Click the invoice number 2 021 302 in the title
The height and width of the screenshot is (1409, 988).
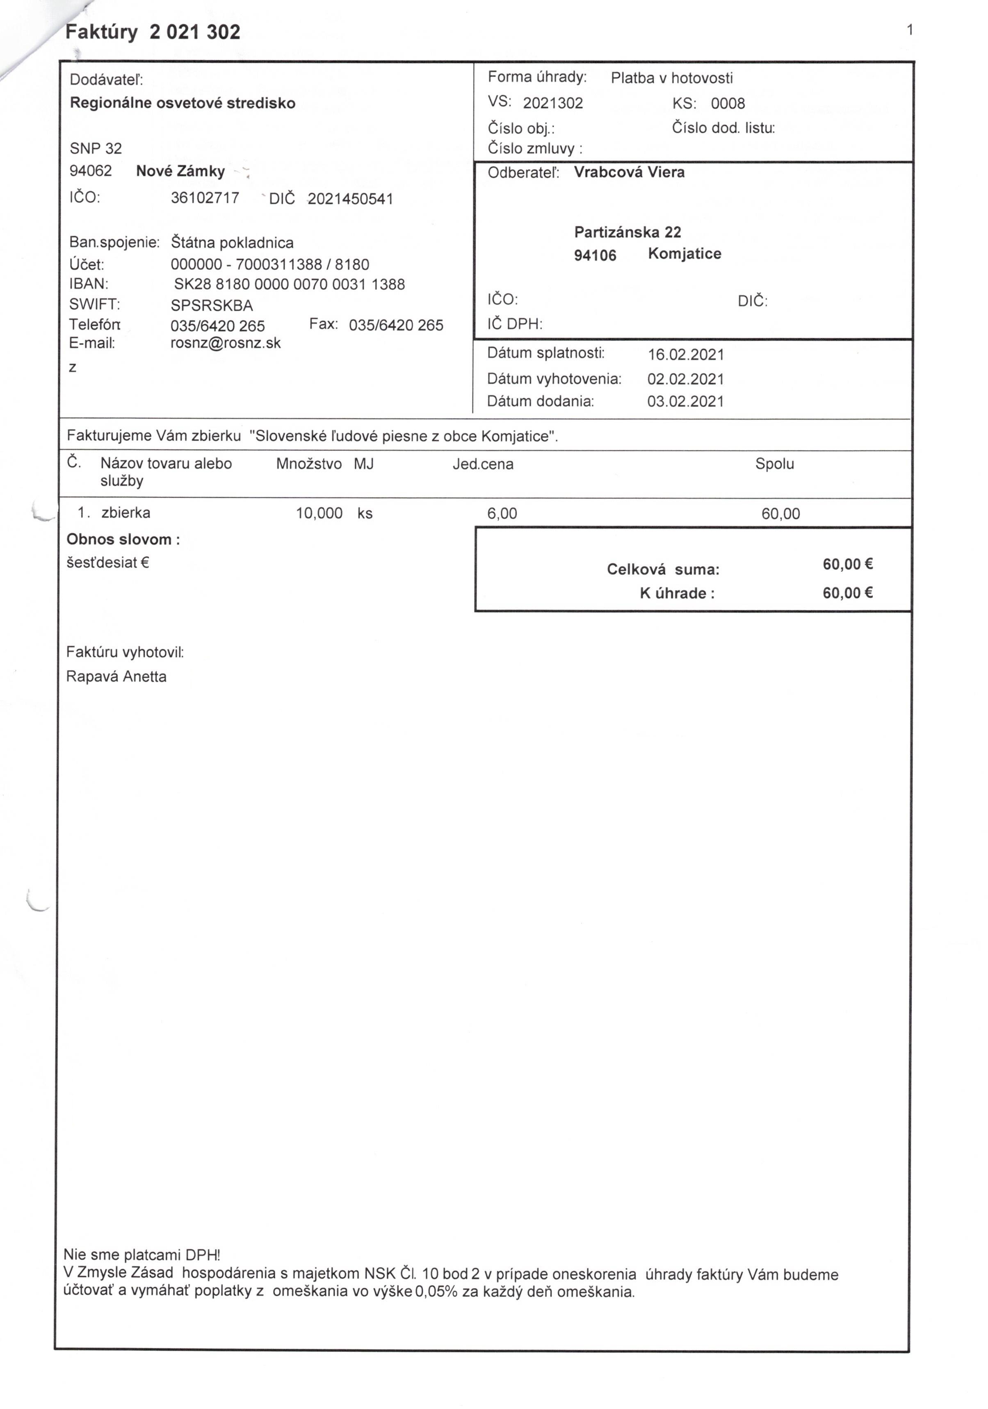tap(195, 32)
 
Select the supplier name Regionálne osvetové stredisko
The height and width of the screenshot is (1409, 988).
tap(183, 103)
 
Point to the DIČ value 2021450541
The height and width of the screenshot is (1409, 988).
tap(350, 199)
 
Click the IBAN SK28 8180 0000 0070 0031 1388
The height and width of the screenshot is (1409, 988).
tap(289, 284)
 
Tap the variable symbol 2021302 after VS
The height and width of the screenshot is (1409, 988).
tap(552, 103)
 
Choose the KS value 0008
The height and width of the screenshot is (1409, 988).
tap(728, 103)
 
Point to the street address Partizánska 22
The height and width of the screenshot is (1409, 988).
tap(627, 232)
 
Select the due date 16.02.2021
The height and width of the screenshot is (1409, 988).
tap(686, 355)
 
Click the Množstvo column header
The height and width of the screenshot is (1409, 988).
tap(309, 464)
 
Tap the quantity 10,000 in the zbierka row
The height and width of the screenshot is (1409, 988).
tap(319, 513)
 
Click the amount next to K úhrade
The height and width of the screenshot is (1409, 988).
tap(847, 593)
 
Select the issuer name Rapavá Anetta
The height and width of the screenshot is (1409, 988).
tap(116, 676)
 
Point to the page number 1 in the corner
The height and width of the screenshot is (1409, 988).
tap(909, 30)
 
